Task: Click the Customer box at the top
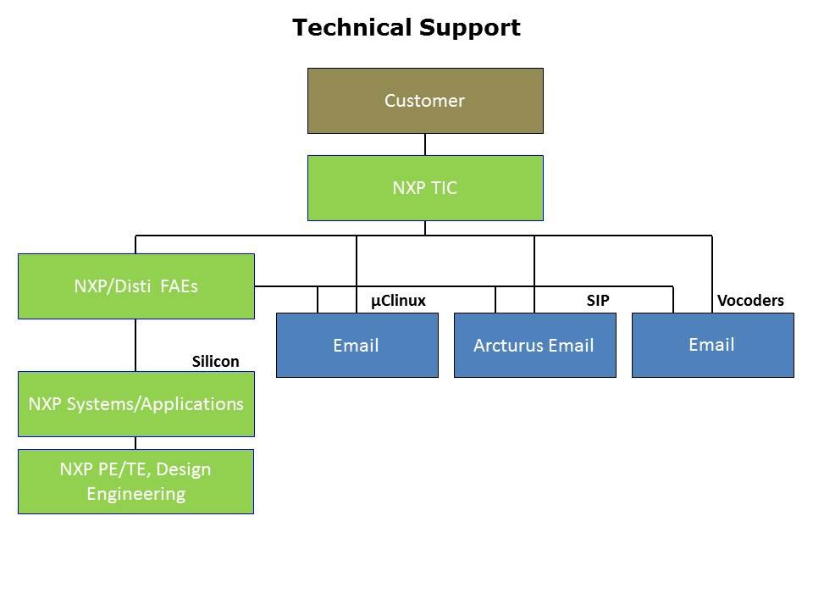pyautogui.click(x=424, y=101)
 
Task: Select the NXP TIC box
pyautogui.click(x=424, y=188)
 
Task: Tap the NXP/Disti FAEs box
pyautogui.click(x=135, y=286)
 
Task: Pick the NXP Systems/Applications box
pyautogui.click(x=135, y=404)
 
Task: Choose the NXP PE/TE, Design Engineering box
pyautogui.click(x=135, y=481)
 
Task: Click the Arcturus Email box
pyautogui.click(x=534, y=345)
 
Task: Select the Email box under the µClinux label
pyautogui.click(x=357, y=345)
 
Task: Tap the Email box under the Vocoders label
pyautogui.click(x=712, y=345)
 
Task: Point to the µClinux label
pyautogui.click(x=398, y=301)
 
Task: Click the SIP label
pyautogui.click(x=598, y=301)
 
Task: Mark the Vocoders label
pyautogui.click(x=750, y=301)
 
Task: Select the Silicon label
pyautogui.click(x=215, y=362)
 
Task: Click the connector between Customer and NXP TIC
pyautogui.click(x=425, y=144)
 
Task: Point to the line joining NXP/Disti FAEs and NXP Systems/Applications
pyautogui.click(x=135, y=345)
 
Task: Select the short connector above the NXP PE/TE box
pyautogui.click(x=135, y=443)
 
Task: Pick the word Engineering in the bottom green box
pyautogui.click(x=135, y=493)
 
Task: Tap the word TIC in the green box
pyautogui.click(x=443, y=188)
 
